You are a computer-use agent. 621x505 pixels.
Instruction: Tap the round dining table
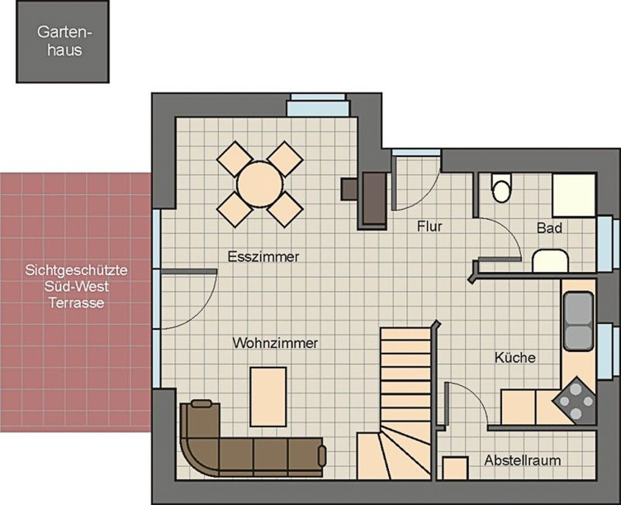point(258,183)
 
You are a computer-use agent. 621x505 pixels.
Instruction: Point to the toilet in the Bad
point(501,188)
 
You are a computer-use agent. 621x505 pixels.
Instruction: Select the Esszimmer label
point(263,257)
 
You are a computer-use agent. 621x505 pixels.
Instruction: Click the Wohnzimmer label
point(275,342)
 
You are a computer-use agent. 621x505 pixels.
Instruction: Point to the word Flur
point(429,226)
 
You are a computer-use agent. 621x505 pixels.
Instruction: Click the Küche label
point(515,358)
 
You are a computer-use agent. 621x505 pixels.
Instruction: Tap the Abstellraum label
point(523,460)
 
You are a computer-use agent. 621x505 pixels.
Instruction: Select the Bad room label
point(549,227)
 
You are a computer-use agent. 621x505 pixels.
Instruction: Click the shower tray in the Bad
point(574,195)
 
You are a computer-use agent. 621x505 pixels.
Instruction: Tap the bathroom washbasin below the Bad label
point(549,261)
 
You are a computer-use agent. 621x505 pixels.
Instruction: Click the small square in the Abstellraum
point(454,468)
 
